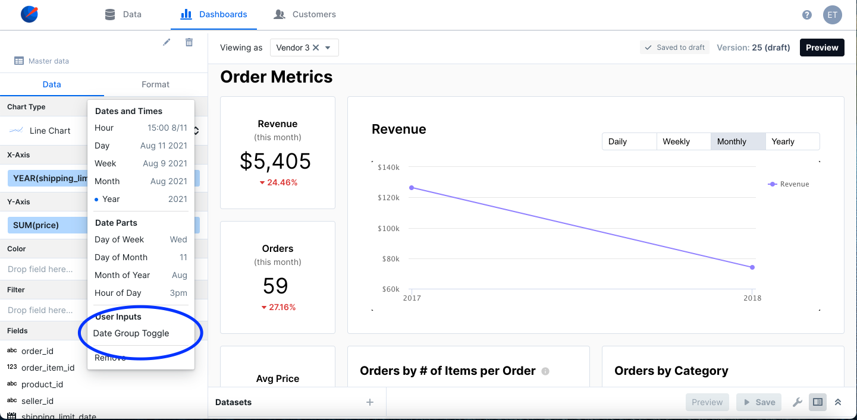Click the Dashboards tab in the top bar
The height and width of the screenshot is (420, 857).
click(x=214, y=14)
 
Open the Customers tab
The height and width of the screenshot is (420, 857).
click(x=305, y=14)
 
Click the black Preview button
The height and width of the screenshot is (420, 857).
click(x=822, y=48)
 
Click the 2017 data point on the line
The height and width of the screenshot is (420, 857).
click(x=412, y=188)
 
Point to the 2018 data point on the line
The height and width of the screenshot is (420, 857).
click(x=752, y=267)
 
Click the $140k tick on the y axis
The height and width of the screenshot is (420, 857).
click(x=388, y=168)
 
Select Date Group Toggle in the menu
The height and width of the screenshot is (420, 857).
click(x=131, y=333)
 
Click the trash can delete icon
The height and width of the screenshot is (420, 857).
click(x=189, y=42)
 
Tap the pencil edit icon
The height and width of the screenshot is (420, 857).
click(x=167, y=42)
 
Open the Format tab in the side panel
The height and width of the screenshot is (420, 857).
click(x=155, y=84)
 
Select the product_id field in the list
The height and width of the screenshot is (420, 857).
click(x=42, y=384)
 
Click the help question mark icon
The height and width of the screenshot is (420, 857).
click(x=807, y=15)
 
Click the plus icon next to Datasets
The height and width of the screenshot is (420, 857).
click(x=370, y=402)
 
